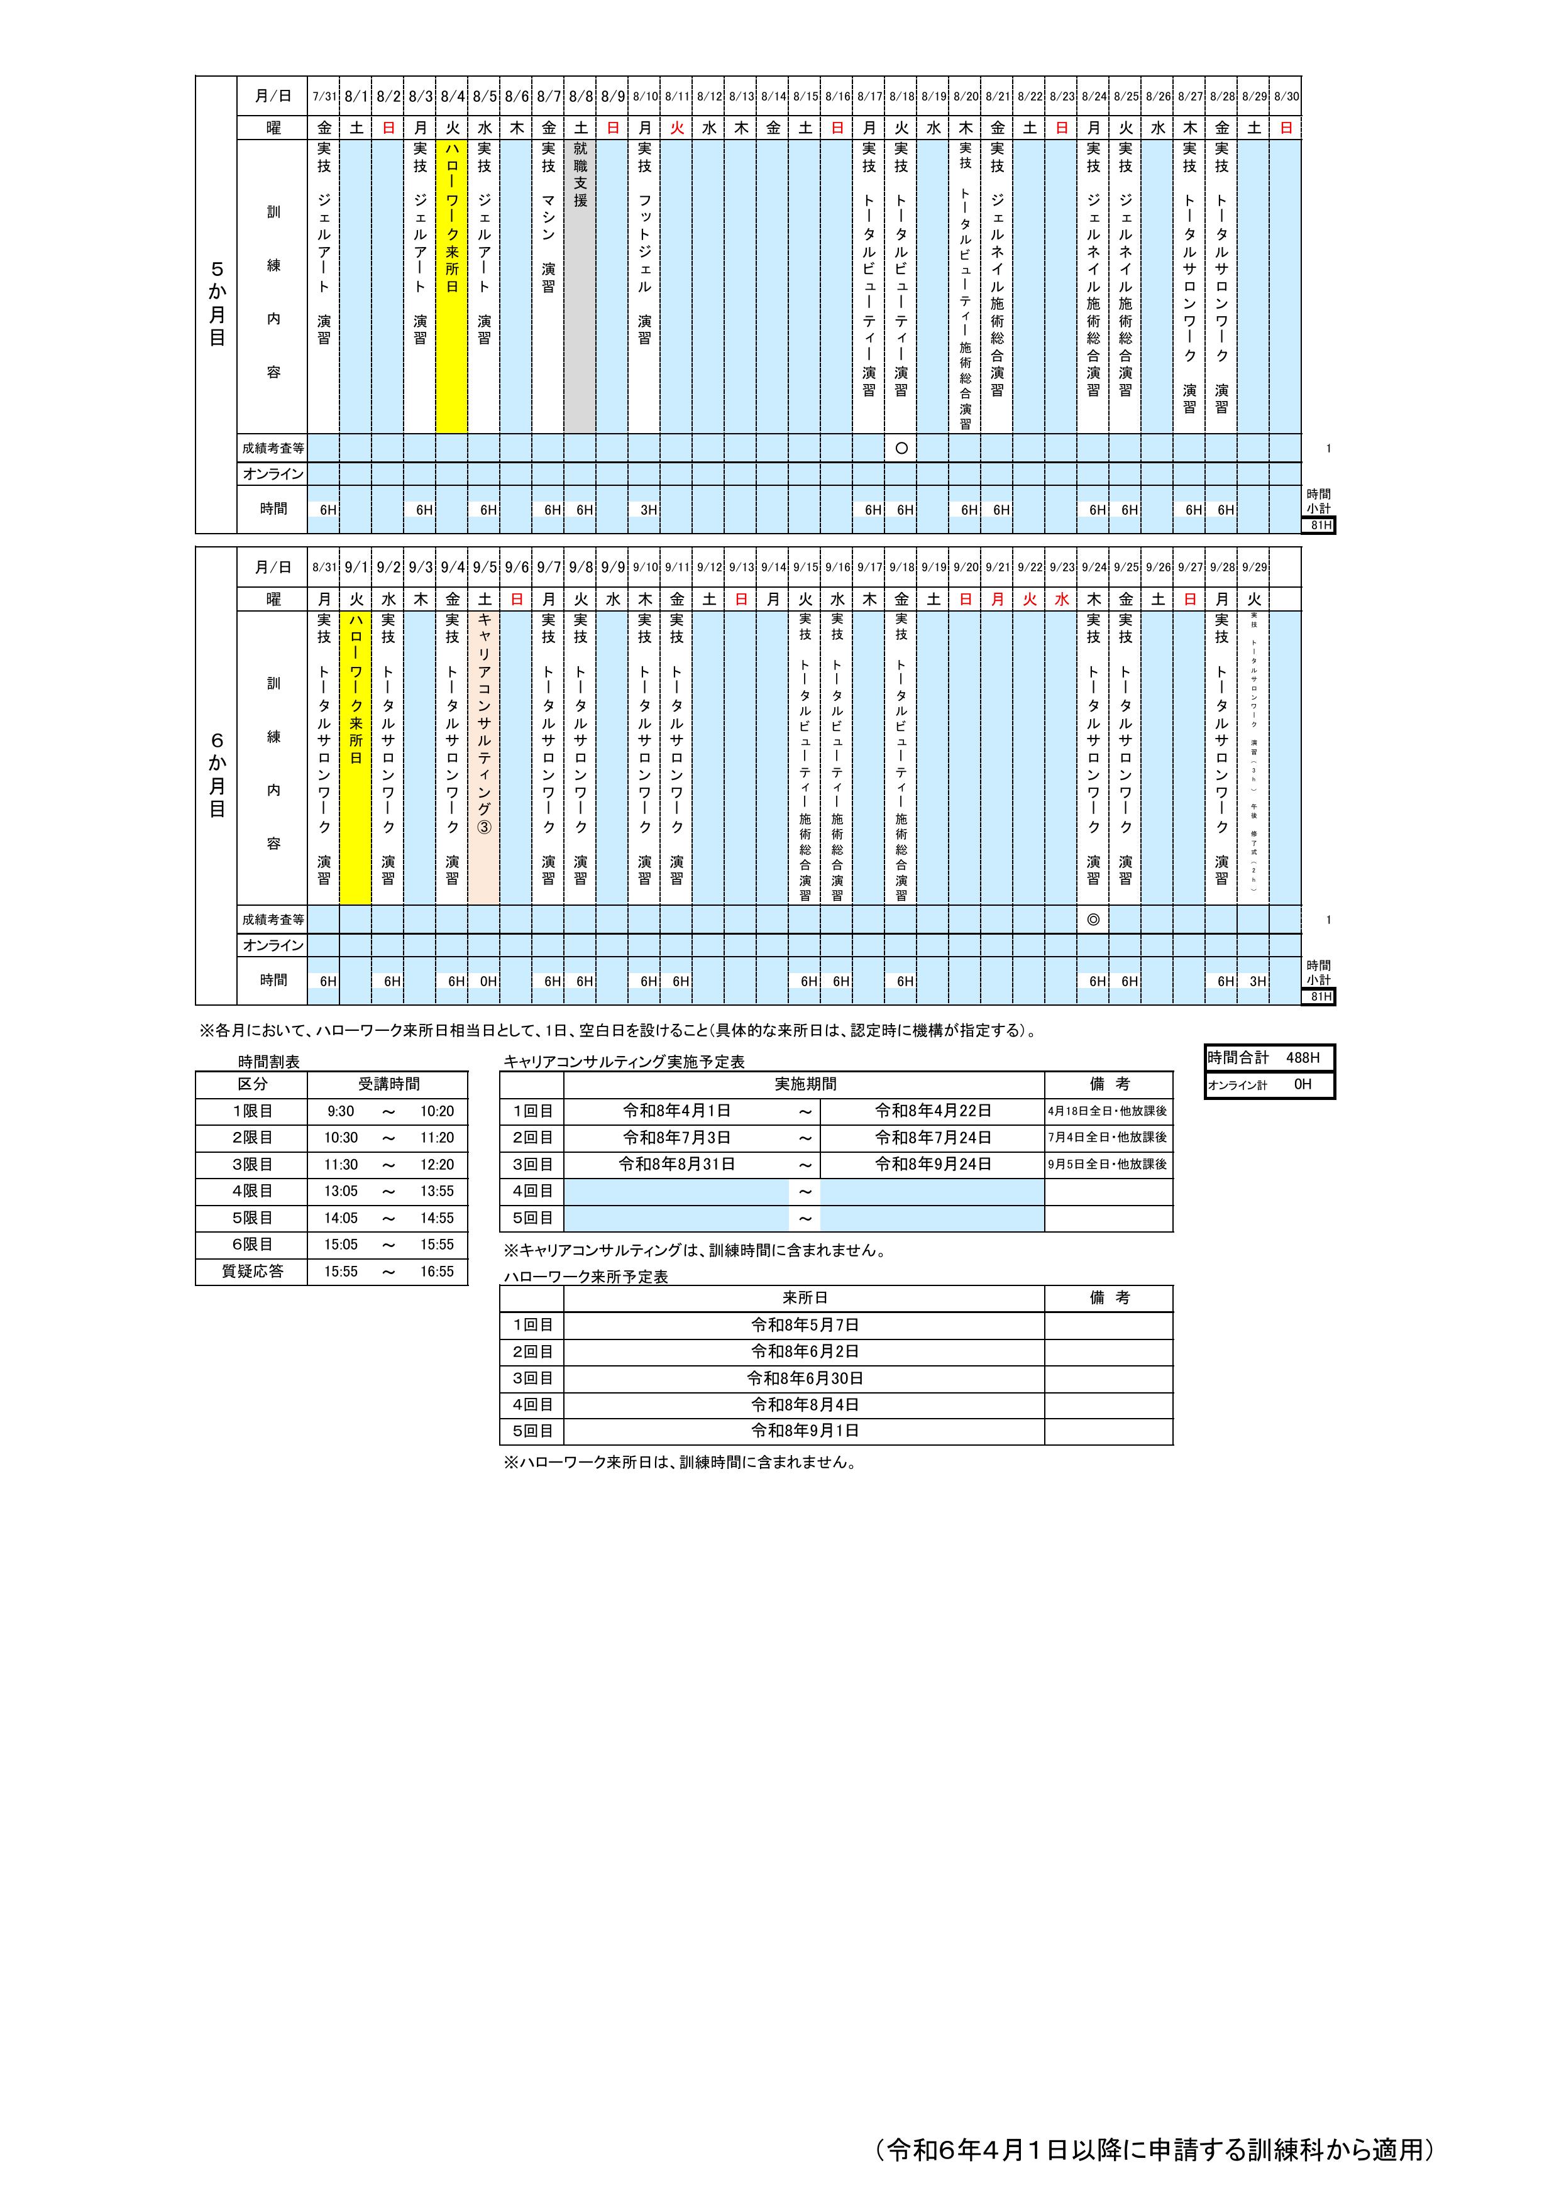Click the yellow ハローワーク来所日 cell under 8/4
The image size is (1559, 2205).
(451, 286)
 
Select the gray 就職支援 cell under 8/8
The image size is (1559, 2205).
(580, 286)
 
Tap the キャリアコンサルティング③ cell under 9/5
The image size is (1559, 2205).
(484, 757)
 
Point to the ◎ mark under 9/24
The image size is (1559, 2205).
(1093, 919)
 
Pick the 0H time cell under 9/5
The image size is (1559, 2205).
(487, 981)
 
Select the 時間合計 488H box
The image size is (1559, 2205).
(1269, 1057)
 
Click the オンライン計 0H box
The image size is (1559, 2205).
(1269, 1084)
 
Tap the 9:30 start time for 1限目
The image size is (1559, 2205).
(340, 1111)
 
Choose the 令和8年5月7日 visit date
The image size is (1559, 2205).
(804, 1325)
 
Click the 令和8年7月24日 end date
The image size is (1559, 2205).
(933, 1137)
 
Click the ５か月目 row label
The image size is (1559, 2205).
(216, 304)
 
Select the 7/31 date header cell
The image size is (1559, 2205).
(324, 96)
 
